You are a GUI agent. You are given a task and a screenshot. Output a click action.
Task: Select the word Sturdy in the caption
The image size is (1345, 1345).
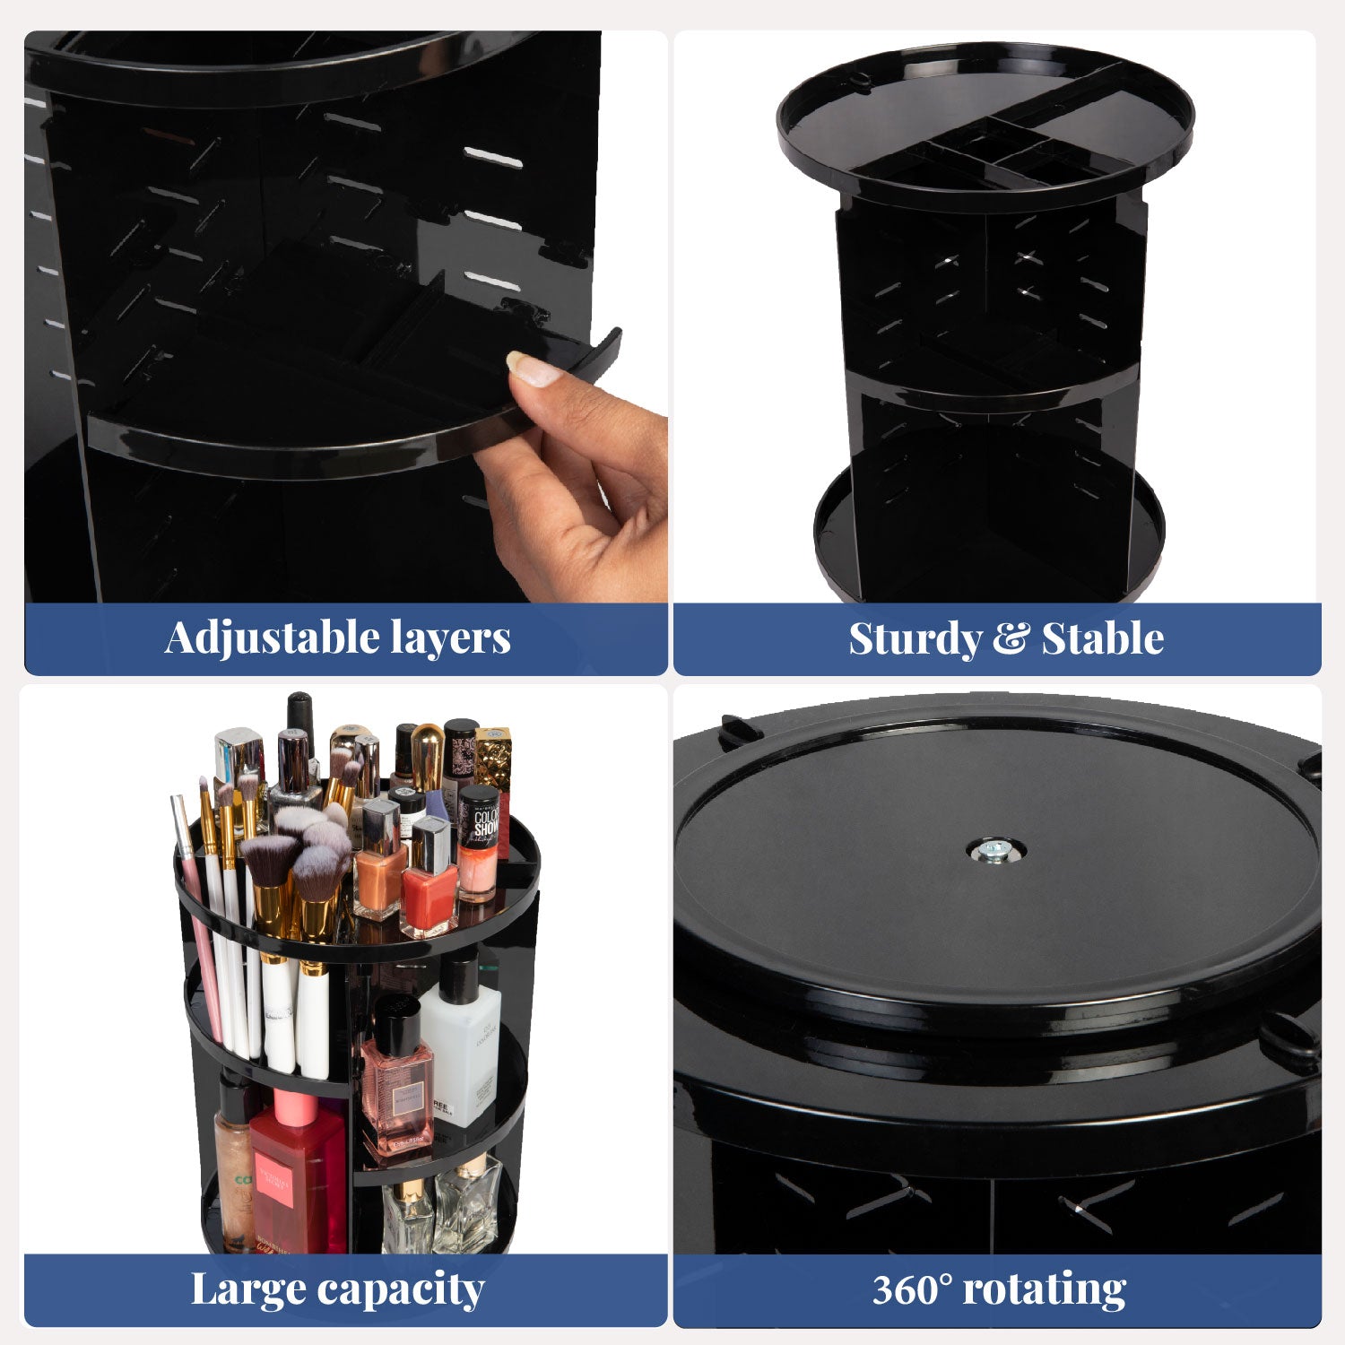pyautogui.click(x=915, y=639)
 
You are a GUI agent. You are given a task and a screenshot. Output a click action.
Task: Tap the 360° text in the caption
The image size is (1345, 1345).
pyautogui.click(x=910, y=1289)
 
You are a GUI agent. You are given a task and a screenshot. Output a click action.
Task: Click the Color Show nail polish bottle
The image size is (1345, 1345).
pyautogui.click(x=479, y=843)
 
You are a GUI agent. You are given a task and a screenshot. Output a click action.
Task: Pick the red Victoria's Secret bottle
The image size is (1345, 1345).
pyautogui.click(x=298, y=1175)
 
